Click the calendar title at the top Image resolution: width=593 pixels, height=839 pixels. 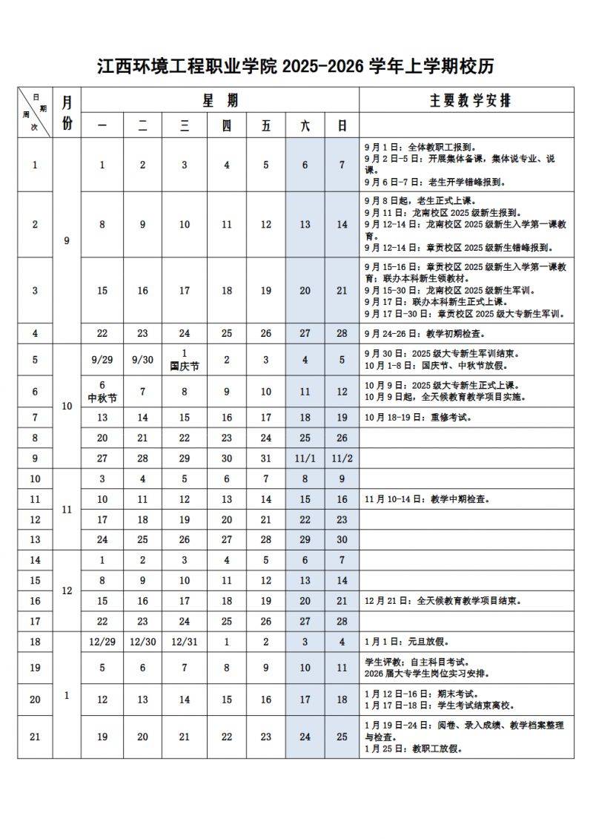coord(296,67)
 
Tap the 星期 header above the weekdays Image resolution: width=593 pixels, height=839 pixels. coord(220,100)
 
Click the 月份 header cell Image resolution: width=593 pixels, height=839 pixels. coord(67,113)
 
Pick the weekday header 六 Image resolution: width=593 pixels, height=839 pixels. coord(305,126)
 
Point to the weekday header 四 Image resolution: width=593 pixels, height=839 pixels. coord(227,126)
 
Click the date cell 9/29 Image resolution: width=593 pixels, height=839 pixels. coord(102,360)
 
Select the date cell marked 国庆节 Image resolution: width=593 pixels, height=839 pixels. coord(185,360)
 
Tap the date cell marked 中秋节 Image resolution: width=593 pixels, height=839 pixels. coord(102,391)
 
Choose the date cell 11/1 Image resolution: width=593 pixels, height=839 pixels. coord(305,458)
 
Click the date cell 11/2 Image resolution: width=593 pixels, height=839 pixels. coord(342,458)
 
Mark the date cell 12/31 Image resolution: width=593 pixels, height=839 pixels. coord(185,641)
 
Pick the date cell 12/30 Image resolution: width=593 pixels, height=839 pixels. coord(143,641)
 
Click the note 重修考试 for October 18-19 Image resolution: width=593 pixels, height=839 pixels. coord(418,417)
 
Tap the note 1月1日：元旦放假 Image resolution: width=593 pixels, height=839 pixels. coord(406,642)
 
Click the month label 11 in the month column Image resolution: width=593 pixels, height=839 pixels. coord(67,510)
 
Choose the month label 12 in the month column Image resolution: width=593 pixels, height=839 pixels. coord(67,590)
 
